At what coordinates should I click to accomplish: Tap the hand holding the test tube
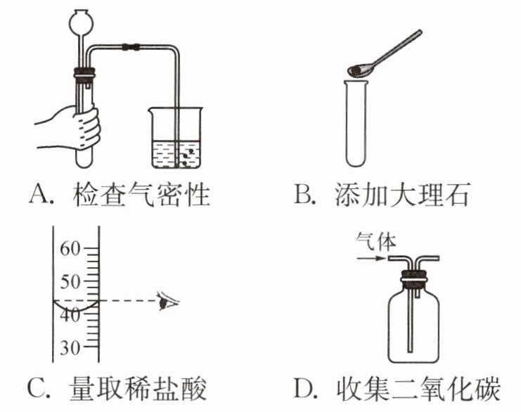coord(77,127)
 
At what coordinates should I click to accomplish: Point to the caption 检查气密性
coord(141,193)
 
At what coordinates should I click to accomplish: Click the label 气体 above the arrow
coord(376,243)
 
